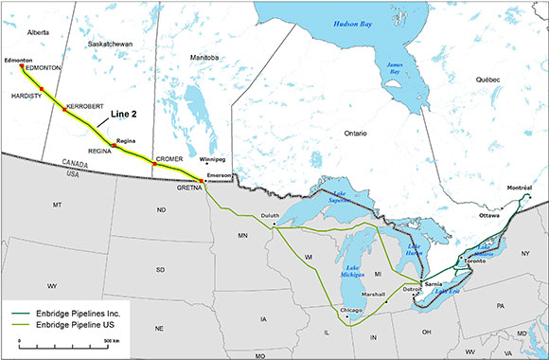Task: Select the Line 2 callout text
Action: point(125,114)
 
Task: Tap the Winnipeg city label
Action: point(214,159)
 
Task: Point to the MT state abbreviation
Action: point(57,206)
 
